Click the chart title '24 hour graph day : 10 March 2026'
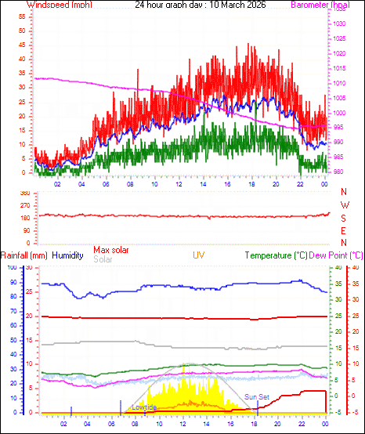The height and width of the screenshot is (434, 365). (x=201, y=5)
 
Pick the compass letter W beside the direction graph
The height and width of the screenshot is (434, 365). (x=345, y=205)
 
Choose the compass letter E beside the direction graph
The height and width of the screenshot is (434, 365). (x=345, y=231)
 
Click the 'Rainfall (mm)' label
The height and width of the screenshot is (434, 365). (x=24, y=255)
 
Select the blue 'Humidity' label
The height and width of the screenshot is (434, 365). (x=67, y=255)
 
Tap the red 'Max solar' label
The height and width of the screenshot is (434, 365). (x=110, y=250)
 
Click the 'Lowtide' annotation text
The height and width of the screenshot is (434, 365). (x=144, y=407)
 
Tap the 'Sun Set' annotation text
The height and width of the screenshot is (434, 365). (x=256, y=397)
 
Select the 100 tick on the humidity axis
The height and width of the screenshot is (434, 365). (x=11, y=268)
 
